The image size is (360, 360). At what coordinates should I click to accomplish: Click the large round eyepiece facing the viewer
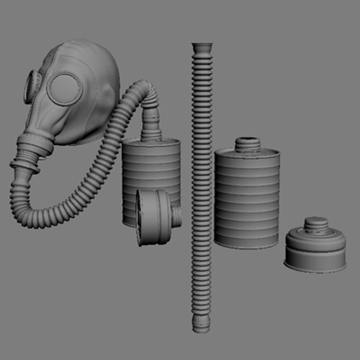click(65, 89)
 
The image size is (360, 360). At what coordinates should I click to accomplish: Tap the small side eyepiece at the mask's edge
click(32, 86)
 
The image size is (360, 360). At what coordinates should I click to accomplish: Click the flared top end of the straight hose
click(202, 47)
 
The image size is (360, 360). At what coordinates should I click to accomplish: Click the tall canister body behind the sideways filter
click(151, 167)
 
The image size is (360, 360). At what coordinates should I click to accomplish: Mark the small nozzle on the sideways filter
click(177, 217)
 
